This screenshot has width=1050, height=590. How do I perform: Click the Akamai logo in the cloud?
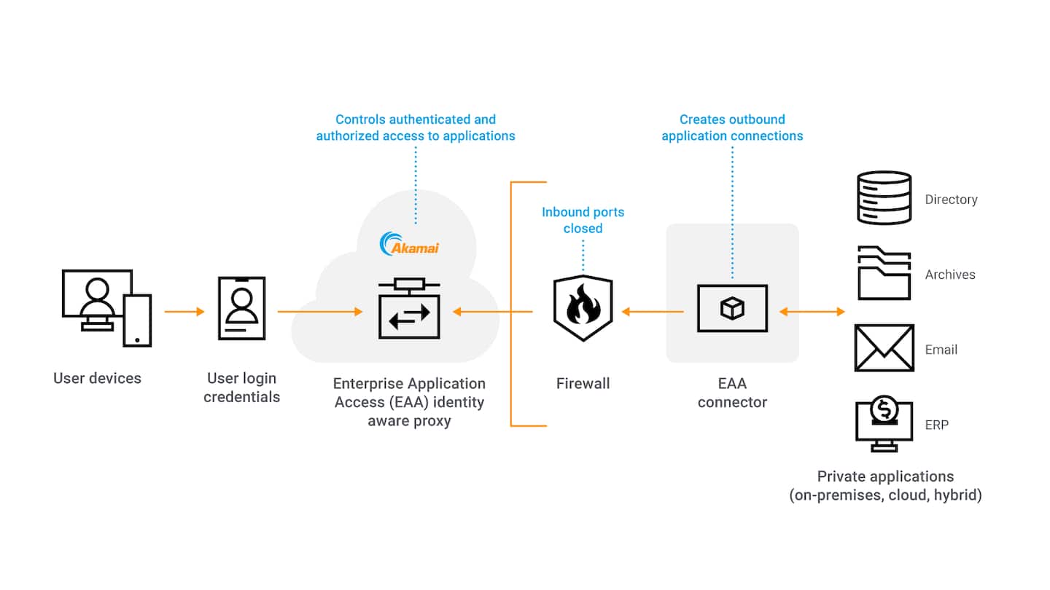click(x=410, y=245)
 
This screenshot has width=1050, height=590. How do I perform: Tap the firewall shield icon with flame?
click(x=583, y=309)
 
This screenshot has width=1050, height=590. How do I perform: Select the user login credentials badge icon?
click(x=241, y=309)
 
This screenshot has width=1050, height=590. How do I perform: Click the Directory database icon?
click(x=884, y=197)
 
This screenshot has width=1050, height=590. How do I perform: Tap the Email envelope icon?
click(x=884, y=348)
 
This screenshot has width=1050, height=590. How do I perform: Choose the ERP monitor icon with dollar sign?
click(x=884, y=423)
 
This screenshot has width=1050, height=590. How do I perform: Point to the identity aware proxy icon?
click(x=409, y=309)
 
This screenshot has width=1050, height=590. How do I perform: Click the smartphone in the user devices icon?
click(x=137, y=320)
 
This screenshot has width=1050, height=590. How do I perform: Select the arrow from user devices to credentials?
click(x=184, y=312)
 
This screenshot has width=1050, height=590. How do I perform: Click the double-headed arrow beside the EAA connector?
click(x=812, y=312)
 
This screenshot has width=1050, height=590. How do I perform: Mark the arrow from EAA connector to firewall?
click(x=652, y=312)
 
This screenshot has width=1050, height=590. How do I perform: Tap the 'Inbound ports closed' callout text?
click(x=583, y=220)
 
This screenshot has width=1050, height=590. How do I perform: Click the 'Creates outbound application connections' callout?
click(x=732, y=127)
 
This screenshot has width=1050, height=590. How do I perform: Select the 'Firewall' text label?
click(x=583, y=383)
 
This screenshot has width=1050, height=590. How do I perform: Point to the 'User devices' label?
click(x=97, y=378)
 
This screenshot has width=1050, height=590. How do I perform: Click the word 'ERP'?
click(x=936, y=425)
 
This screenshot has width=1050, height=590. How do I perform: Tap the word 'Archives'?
click(x=950, y=275)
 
